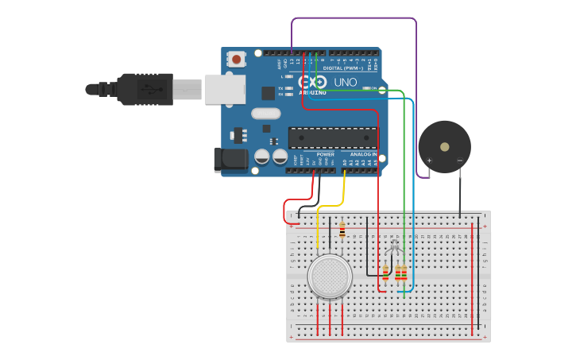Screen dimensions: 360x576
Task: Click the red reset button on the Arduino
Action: pos(236,58)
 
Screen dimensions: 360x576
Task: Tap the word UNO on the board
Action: pos(345,82)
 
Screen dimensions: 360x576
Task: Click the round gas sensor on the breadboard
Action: pos(330,277)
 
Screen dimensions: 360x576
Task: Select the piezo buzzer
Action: pos(444,147)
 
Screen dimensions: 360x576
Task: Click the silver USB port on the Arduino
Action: pos(225,89)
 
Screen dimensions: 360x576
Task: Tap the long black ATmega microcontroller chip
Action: pos(333,137)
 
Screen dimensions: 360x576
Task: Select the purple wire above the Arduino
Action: pos(354,18)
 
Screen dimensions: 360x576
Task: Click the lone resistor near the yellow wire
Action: pos(342,230)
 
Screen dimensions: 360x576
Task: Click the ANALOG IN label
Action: pos(363,154)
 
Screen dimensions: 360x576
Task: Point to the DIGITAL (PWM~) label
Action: pos(344,68)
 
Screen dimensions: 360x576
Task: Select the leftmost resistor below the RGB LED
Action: pos(385,273)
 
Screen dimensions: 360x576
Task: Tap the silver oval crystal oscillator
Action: pos(266,113)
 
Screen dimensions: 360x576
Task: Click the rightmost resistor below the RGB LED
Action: pos(404,273)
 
